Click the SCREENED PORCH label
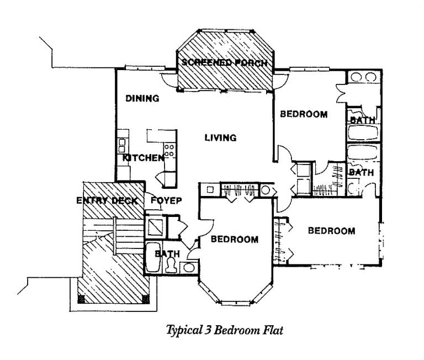(225, 63)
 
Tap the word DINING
(142, 98)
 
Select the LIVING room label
(220, 137)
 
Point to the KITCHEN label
(144, 158)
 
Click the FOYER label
(166, 200)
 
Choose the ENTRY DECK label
(107, 200)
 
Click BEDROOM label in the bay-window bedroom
(235, 240)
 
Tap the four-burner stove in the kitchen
(169, 150)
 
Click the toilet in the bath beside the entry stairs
(171, 265)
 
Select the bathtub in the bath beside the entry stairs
(153, 257)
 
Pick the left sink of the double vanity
(356, 77)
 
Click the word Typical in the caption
(184, 330)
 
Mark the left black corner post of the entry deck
(81, 299)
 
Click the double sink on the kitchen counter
(122, 146)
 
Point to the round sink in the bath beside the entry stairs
(189, 267)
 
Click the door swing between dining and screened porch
(167, 80)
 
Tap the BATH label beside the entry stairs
(167, 253)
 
